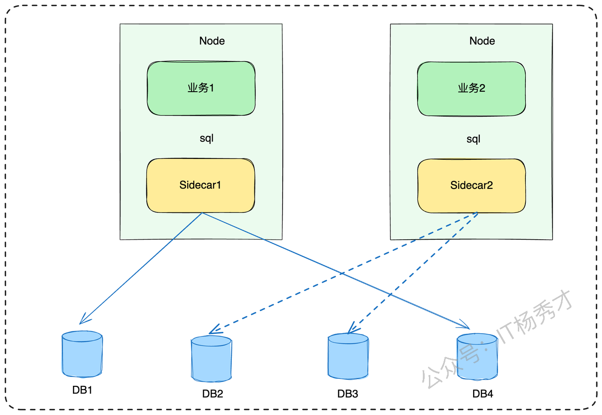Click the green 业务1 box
pyautogui.click(x=201, y=88)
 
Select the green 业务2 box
pyautogui.click(x=471, y=89)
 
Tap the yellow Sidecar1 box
pyautogui.click(x=200, y=185)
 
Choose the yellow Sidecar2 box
pyautogui.click(x=471, y=186)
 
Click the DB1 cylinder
pyautogui.click(x=82, y=354)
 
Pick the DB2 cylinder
pyautogui.click(x=211, y=359)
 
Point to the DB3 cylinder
pyautogui.click(x=348, y=356)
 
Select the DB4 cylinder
pyautogui.click(x=477, y=356)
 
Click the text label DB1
pyautogui.click(x=82, y=390)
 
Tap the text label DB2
pyautogui.click(x=213, y=394)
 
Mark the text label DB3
pyautogui.click(x=348, y=394)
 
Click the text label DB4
pyautogui.click(x=483, y=394)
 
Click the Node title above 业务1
pyautogui.click(x=212, y=41)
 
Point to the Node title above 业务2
pyautogui.click(x=482, y=41)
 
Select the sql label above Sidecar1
pyautogui.click(x=206, y=139)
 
